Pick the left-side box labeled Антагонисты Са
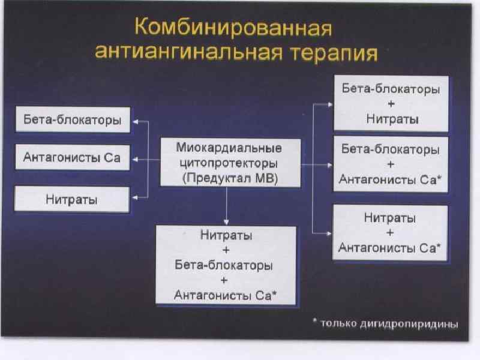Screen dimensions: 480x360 [x=71, y=158]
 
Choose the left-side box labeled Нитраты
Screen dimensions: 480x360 [x=71, y=199]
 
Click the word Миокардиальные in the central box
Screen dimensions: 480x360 [x=229, y=148]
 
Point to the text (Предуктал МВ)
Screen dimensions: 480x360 [x=229, y=179]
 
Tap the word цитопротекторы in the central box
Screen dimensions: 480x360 [x=229, y=163]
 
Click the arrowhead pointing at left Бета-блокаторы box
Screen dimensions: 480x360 [x=135, y=121]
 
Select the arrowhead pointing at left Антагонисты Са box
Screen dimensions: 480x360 [x=135, y=160]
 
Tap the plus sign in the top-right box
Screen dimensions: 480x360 [x=391, y=104]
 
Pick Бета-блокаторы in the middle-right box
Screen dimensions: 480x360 [x=391, y=148]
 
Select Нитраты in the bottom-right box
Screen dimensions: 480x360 [x=391, y=217]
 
